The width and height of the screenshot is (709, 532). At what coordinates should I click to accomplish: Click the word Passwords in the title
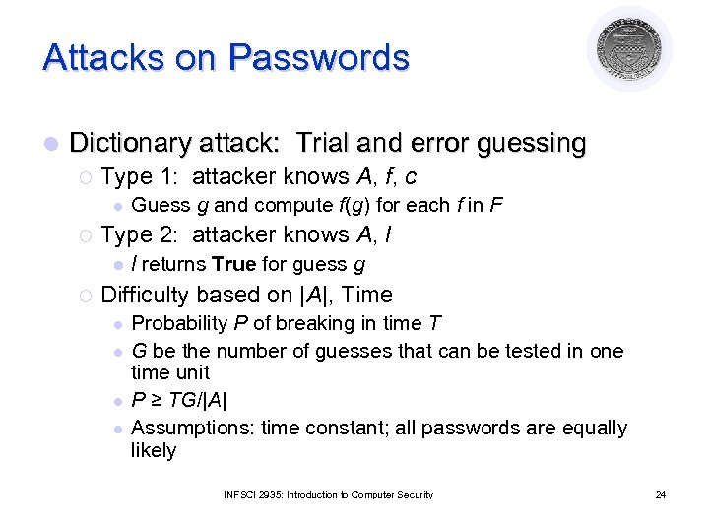pos(318,57)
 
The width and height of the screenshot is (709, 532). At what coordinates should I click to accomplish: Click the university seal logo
pos(630,50)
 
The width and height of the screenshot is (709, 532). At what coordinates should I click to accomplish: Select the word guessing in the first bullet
pos(531,143)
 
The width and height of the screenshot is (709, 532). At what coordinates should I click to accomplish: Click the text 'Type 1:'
pos(141,177)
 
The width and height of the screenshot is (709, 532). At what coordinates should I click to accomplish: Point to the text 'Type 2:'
pos(141,234)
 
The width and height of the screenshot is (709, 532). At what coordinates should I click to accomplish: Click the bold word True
pos(233,264)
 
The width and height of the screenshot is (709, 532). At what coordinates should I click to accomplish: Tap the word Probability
pos(178,323)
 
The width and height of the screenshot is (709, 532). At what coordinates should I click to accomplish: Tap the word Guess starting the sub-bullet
pos(161,206)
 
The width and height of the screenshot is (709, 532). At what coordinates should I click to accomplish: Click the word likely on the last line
pos(154,450)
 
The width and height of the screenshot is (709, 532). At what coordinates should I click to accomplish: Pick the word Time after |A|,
pos(366,295)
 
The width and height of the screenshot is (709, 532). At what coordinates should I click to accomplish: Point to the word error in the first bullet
pos(433,143)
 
